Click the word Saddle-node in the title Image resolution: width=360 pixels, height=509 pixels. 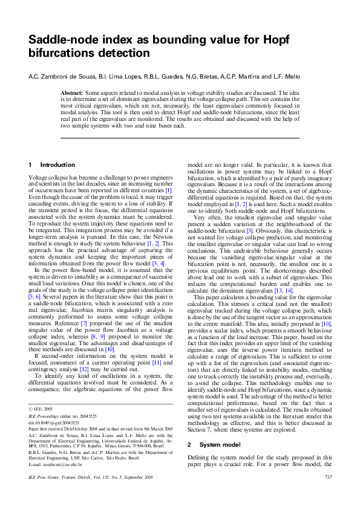[x=60, y=40]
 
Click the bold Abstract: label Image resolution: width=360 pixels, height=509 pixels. [x=72, y=92]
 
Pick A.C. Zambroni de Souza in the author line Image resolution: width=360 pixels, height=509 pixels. [x=63, y=76]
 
